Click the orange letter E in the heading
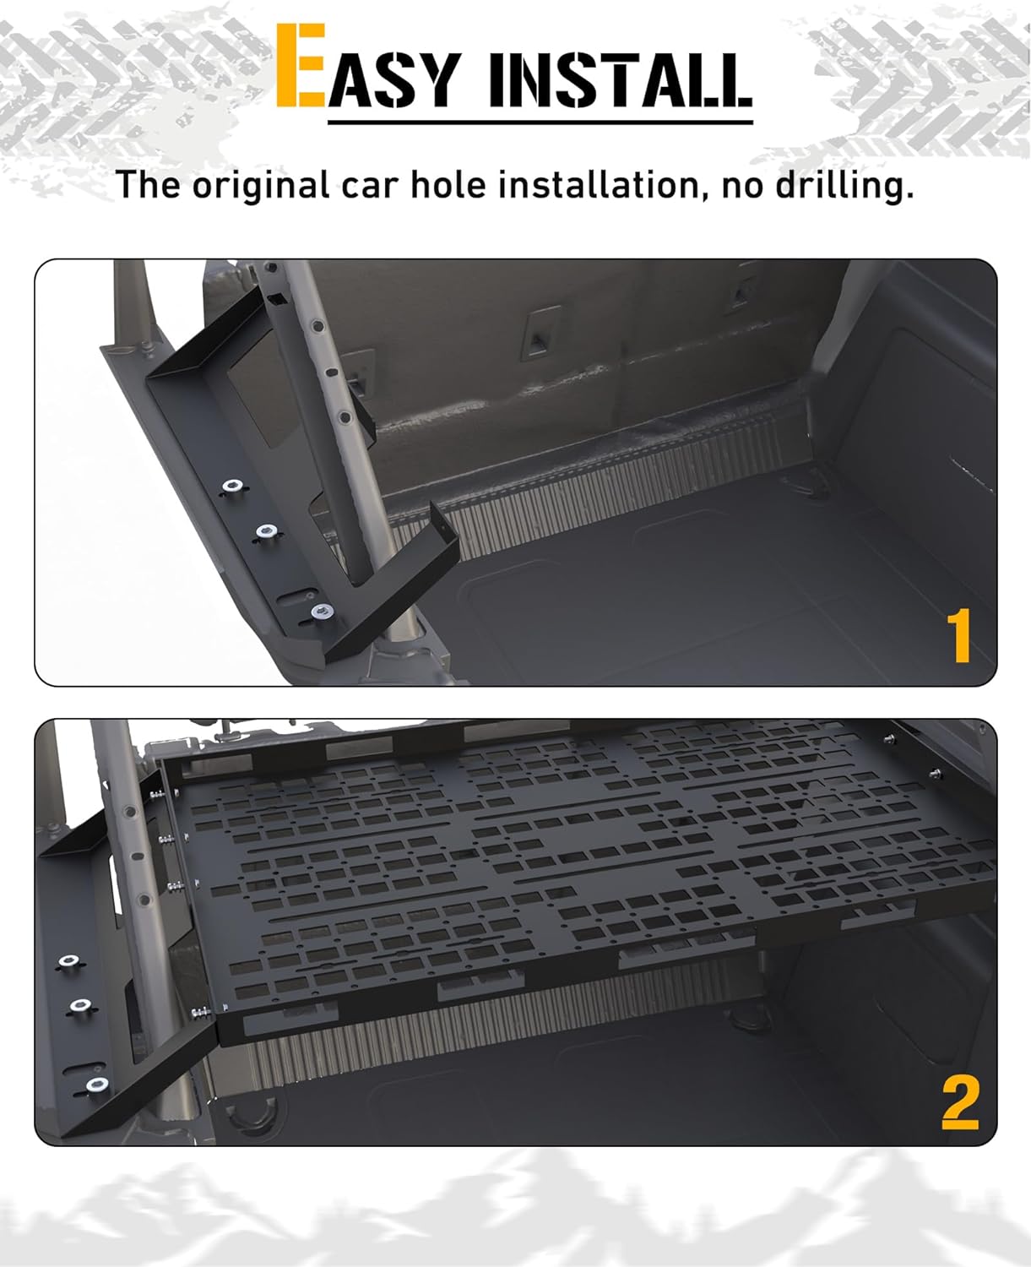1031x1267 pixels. coord(301,66)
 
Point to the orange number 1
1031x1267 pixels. coord(959,638)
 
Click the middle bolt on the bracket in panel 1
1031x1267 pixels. coord(266,531)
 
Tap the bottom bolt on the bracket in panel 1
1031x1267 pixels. coord(320,610)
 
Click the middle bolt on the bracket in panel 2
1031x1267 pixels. coord(80,1005)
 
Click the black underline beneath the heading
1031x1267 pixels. coord(540,122)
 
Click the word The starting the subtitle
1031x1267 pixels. coord(149,184)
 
